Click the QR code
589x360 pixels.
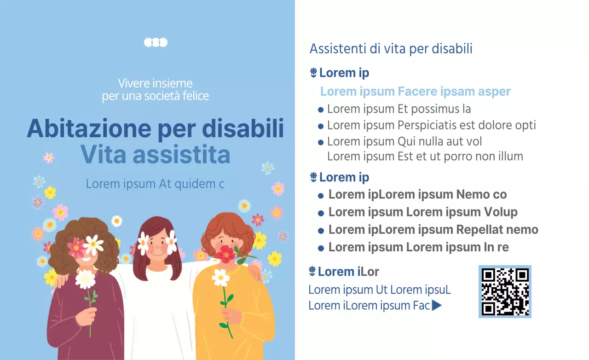[x=505, y=291]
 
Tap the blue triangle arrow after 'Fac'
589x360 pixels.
[x=437, y=305]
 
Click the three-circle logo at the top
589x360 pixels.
[x=156, y=42]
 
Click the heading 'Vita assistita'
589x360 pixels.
[x=155, y=155]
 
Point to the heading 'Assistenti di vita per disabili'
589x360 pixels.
[x=391, y=49]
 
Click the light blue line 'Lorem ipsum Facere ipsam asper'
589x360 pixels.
[x=415, y=91]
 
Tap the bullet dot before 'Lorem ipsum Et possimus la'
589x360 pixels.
[x=321, y=110]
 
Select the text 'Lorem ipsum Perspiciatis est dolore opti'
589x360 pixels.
[x=431, y=125]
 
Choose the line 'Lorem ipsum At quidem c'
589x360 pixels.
[x=155, y=184]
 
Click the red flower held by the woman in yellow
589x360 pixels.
[x=226, y=254]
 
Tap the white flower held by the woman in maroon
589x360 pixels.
[x=85, y=279]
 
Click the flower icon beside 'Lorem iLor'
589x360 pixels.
[x=313, y=272]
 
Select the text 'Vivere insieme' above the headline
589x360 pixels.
[x=155, y=83]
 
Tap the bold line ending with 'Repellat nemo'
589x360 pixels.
[x=433, y=230]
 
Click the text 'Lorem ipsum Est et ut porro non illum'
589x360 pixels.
[x=425, y=157]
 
